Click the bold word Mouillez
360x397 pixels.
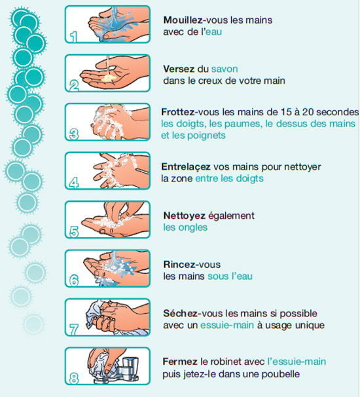click(x=183, y=20)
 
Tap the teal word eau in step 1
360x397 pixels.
click(x=214, y=32)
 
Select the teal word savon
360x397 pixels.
click(x=225, y=69)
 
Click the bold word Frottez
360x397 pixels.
click(x=178, y=112)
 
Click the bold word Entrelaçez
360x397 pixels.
click(x=186, y=167)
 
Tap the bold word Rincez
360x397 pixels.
click(x=179, y=265)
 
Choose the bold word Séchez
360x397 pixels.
click(x=180, y=313)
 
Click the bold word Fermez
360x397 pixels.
click(x=180, y=362)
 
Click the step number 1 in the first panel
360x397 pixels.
click(x=73, y=37)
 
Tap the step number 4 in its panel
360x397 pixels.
click(x=73, y=183)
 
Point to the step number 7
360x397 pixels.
click(x=73, y=330)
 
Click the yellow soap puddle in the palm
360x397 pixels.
click(x=109, y=79)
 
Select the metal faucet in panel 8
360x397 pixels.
click(x=126, y=370)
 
